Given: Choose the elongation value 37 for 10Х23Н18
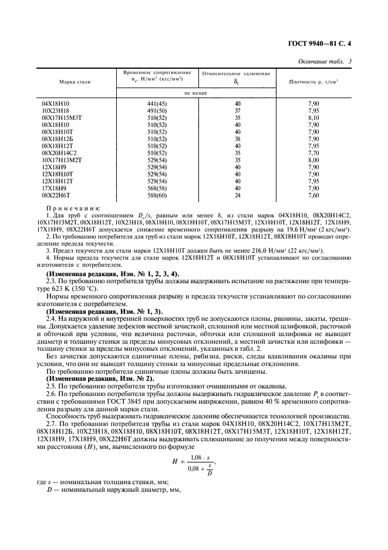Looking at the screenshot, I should [x=237, y=110].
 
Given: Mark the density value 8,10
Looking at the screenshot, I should [x=314, y=118].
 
